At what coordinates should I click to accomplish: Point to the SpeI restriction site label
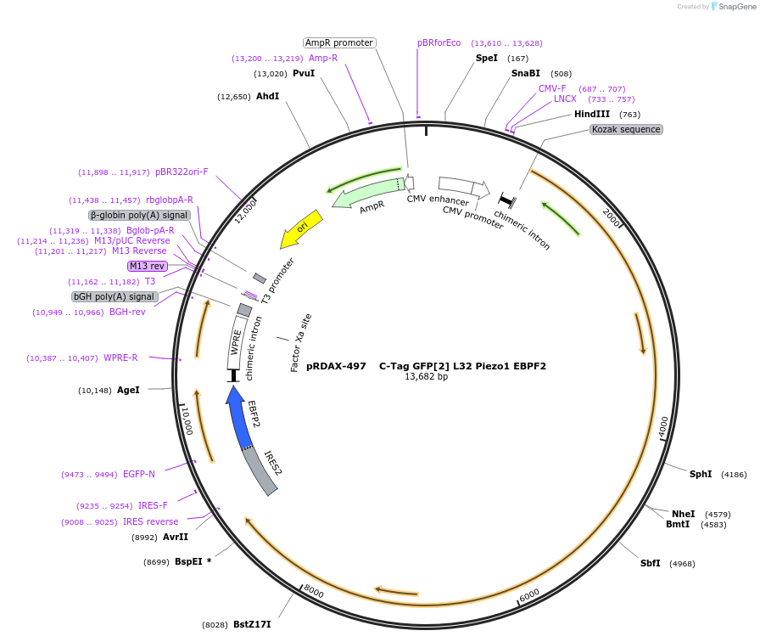(x=487, y=58)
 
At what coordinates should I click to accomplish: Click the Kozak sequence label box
(x=626, y=129)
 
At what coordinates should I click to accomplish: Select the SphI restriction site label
(x=701, y=474)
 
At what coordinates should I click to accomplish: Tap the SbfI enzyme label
(x=651, y=563)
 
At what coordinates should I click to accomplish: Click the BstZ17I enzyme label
(x=252, y=625)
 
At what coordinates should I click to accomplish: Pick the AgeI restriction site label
(x=128, y=390)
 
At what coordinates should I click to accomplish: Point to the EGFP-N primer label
(x=139, y=474)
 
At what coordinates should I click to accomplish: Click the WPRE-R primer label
(x=121, y=358)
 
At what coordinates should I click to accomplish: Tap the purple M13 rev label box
(x=147, y=266)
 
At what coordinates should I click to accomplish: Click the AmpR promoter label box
(x=339, y=42)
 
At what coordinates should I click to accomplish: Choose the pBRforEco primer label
(x=439, y=42)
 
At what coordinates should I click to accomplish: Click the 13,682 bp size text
(x=426, y=376)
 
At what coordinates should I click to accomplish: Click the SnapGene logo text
(x=735, y=7)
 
